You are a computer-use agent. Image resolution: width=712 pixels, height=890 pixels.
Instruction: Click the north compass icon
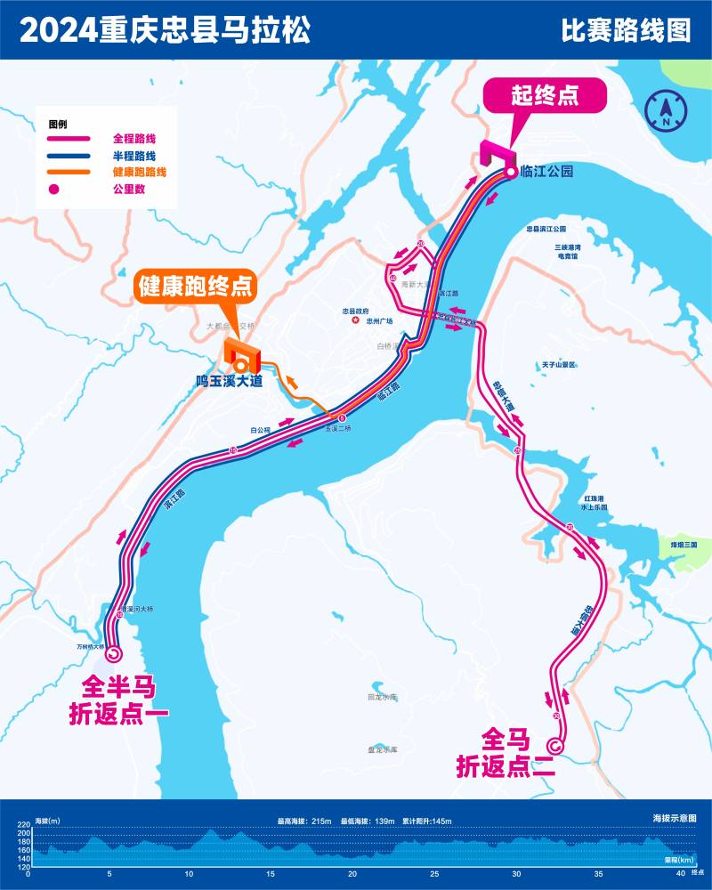click(x=666, y=109)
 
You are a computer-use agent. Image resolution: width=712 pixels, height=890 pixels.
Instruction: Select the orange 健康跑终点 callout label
click(x=194, y=287)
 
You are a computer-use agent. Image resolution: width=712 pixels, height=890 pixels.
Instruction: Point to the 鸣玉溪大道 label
click(x=231, y=382)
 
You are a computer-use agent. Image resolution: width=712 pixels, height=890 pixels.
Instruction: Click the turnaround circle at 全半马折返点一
click(x=113, y=654)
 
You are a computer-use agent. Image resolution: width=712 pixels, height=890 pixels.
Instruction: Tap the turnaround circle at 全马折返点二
click(x=556, y=746)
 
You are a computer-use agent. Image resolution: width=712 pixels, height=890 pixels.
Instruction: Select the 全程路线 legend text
click(x=134, y=139)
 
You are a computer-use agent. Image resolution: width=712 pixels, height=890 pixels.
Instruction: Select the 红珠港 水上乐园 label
click(x=594, y=503)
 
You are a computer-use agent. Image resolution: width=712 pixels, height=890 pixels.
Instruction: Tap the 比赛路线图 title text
click(x=626, y=31)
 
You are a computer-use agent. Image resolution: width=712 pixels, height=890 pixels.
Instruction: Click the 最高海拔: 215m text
click(x=304, y=821)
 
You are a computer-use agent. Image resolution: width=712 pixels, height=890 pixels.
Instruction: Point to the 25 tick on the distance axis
click(x=435, y=875)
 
